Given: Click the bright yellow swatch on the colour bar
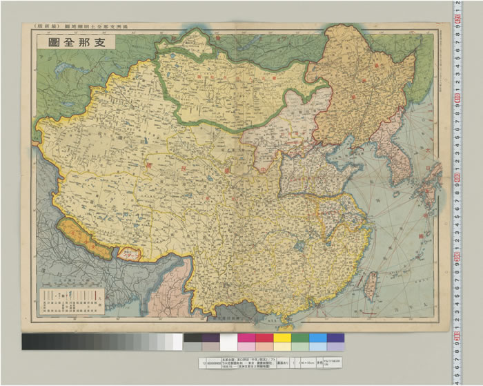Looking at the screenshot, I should pos(282,341).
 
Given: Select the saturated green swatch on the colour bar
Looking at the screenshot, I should pos(300,341).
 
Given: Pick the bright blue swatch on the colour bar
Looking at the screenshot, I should pos(318,341).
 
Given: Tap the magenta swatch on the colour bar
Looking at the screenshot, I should pos(246,341).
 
